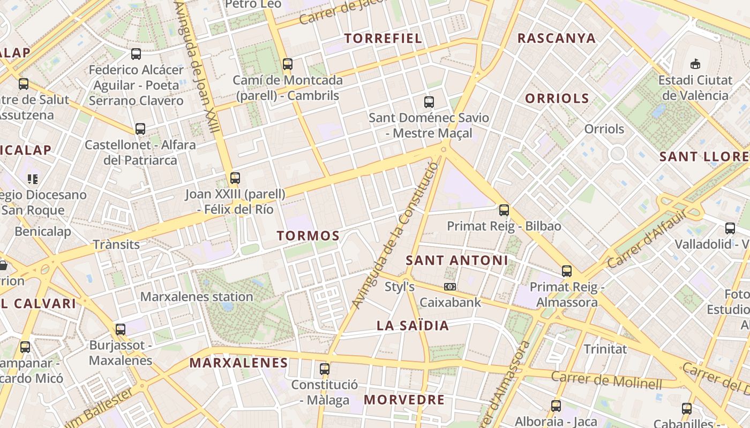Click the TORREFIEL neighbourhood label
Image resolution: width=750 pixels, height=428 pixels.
click(383, 38)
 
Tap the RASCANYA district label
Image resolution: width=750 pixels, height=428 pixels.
click(557, 38)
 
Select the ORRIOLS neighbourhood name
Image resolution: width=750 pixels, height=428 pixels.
click(557, 98)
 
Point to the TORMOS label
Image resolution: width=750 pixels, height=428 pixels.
click(308, 236)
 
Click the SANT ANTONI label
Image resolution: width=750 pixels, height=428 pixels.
click(457, 261)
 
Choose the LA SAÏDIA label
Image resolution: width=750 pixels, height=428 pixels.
click(412, 325)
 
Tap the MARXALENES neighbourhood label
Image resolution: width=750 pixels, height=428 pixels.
click(239, 363)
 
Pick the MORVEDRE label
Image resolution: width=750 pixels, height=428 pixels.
click(404, 400)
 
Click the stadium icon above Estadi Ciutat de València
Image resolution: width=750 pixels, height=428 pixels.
click(695, 64)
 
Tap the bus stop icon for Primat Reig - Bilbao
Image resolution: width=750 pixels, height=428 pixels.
click(504, 210)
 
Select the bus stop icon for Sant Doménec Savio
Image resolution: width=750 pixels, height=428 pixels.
click(429, 102)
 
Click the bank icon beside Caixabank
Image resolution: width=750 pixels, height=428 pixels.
click(450, 287)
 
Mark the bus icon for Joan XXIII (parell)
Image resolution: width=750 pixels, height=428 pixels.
click(235, 178)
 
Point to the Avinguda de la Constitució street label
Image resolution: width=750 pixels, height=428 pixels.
click(395, 235)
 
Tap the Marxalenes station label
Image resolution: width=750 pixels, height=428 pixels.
click(197, 296)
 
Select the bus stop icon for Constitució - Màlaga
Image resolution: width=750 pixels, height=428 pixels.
click(324, 369)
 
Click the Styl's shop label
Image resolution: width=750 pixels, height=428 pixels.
click(400, 287)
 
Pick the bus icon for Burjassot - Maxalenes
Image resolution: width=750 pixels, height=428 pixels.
click(121, 329)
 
